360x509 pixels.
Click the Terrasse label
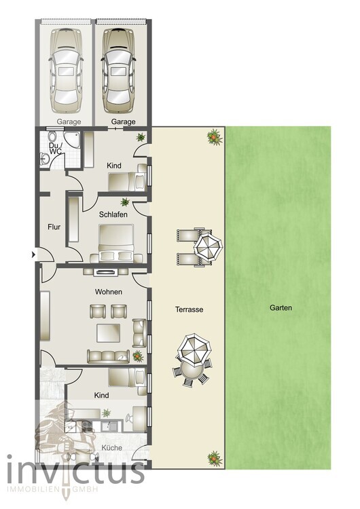click(189, 309)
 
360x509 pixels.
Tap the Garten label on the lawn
click(281, 307)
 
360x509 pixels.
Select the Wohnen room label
click(109, 293)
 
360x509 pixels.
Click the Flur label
click(54, 227)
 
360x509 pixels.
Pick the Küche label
click(111, 449)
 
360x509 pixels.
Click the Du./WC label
click(55, 149)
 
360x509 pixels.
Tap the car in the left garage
click(66, 70)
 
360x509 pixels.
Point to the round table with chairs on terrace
click(192, 360)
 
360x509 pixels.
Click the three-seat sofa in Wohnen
click(108, 356)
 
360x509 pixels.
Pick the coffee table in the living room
click(109, 333)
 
